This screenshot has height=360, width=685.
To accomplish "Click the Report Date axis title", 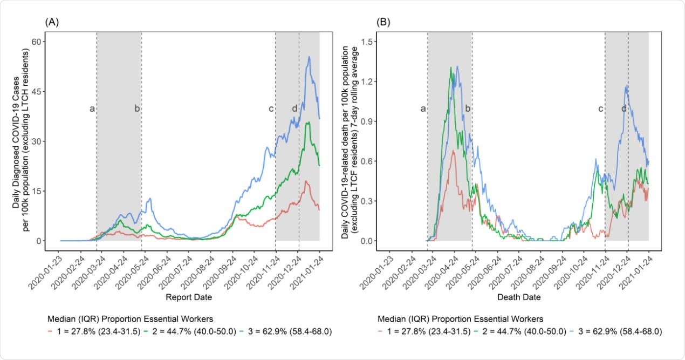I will pyautogui.click(x=189, y=297).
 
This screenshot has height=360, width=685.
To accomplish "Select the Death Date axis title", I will pyautogui.click(x=518, y=297).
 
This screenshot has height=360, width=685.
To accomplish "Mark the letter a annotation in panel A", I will pyautogui.click(x=92, y=109).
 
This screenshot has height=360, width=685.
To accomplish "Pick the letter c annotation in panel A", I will pyautogui.click(x=271, y=109).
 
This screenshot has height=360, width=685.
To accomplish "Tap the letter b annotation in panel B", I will pyautogui.click(x=468, y=109).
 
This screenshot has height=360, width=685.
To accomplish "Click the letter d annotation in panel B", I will pyautogui.click(x=624, y=109).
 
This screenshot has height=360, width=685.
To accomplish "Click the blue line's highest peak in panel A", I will pyautogui.click(x=309, y=57).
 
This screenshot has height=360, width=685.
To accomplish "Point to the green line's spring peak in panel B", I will pyautogui.click(x=451, y=68).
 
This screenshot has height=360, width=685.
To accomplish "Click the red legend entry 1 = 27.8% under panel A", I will pyautogui.click(x=97, y=331).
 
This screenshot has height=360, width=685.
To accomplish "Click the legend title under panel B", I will pyautogui.click(x=460, y=318).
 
